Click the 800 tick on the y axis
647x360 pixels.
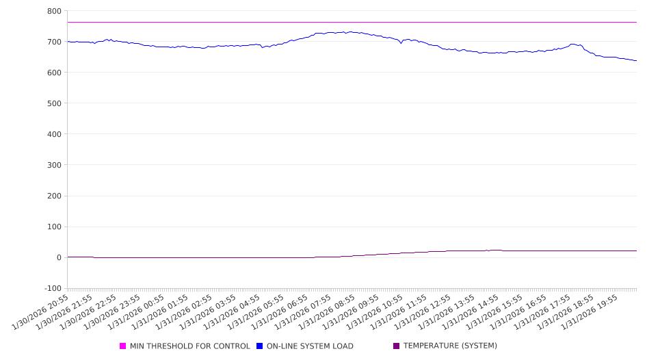[x=54, y=11]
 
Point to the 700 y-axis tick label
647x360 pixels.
[x=54, y=42]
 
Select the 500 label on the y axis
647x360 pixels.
[x=54, y=103]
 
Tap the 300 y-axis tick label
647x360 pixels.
[x=54, y=165]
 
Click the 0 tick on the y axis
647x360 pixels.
[x=58, y=257]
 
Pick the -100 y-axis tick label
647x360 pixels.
[x=52, y=288]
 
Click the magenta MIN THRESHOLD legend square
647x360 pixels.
[x=123, y=346]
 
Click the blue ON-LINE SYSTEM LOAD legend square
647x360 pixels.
[x=260, y=346]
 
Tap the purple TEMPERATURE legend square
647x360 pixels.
[x=397, y=346]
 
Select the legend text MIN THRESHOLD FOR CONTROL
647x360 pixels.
[x=190, y=346]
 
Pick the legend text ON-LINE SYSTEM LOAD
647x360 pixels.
[x=310, y=346]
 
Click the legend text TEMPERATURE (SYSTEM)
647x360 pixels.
[x=450, y=346]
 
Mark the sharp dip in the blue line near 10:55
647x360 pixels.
[x=401, y=43]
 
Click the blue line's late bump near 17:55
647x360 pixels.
[x=573, y=44]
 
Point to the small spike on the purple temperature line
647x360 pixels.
[x=487, y=250]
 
